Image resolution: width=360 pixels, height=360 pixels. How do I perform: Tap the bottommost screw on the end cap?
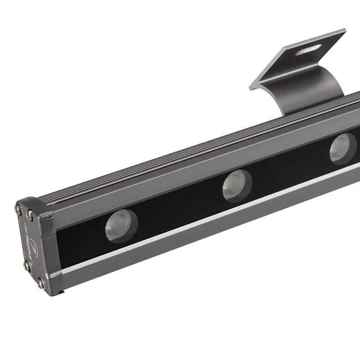pos(40,282)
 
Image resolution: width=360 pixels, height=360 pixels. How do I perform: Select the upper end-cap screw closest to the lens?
pos(30,215)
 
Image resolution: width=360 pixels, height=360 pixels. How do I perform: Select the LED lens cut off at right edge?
pos(343,148)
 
